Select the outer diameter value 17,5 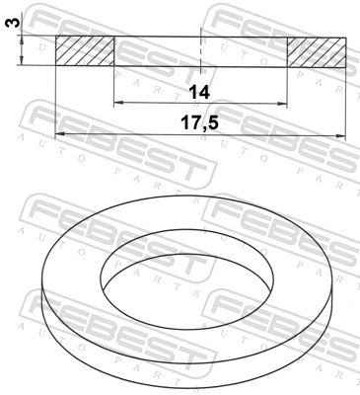point(198,124)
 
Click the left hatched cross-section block point(84,51)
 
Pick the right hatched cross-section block point(317,51)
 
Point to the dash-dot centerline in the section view point(200,49)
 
